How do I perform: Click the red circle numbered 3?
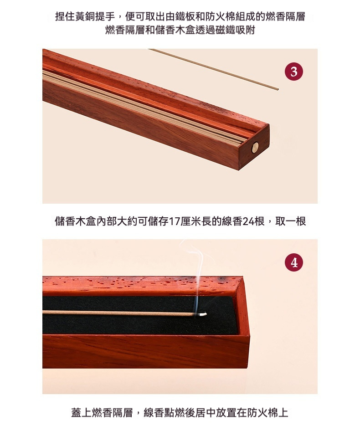[294, 72]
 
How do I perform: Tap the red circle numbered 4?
[294, 263]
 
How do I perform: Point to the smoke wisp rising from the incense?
[197, 277]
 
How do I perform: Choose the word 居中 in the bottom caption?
[201, 413]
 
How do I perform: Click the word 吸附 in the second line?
[245, 30]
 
